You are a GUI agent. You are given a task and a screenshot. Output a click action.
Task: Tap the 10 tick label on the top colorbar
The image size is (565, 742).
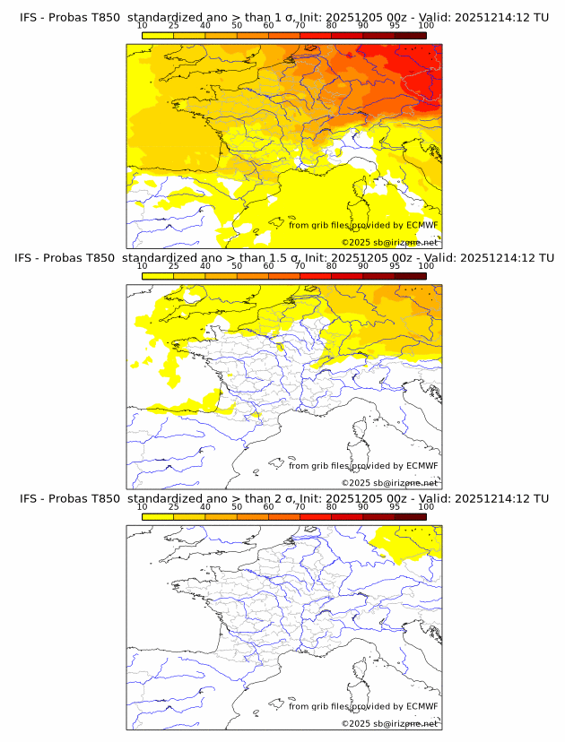click(143, 25)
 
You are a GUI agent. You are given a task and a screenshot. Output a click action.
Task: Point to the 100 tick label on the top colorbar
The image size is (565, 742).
click(426, 25)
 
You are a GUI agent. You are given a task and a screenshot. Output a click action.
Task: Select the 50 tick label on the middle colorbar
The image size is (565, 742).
click(237, 266)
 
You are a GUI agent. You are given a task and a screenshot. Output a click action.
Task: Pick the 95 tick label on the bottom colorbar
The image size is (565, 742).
click(395, 507)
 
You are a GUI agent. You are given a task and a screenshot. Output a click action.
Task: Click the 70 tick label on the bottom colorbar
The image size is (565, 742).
click(300, 507)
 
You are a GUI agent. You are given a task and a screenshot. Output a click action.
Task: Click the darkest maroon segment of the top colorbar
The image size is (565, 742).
click(410, 35)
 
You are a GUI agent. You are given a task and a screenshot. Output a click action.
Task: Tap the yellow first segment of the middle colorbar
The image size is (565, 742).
click(158, 276)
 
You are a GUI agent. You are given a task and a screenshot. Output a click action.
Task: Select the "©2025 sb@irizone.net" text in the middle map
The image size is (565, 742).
click(389, 482)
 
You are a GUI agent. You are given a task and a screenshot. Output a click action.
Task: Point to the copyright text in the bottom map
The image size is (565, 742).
click(389, 723)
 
